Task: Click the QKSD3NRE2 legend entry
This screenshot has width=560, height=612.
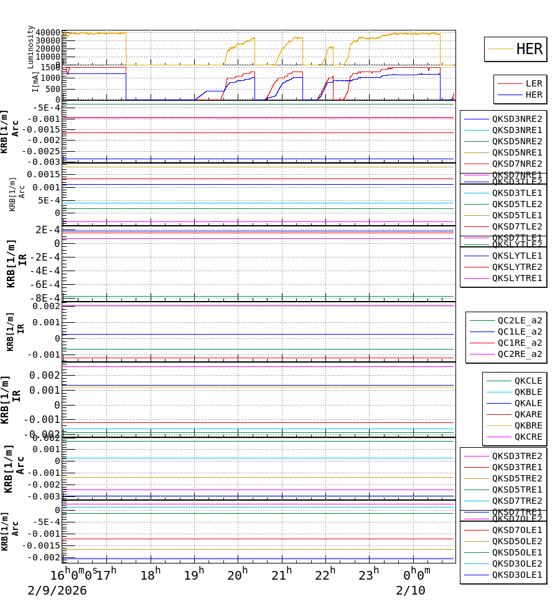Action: [516, 119]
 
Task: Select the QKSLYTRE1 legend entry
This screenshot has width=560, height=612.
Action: [516, 278]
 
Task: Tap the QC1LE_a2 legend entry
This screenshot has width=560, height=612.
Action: [520, 331]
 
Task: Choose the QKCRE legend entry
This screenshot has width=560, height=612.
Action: [528, 437]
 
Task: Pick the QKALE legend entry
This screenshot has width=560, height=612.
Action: [528, 403]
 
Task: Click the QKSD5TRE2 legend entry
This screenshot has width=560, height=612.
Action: [516, 478]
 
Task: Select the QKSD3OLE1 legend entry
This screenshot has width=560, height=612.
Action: [516, 575]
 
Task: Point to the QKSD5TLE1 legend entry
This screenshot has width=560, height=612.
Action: [516, 215]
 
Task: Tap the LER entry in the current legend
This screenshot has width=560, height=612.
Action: [533, 83]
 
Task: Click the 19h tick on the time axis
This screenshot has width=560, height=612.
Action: [194, 575]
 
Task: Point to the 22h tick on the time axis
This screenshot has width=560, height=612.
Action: [325, 575]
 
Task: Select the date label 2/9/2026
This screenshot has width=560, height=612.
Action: [57, 591]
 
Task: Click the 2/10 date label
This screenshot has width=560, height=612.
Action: [411, 591]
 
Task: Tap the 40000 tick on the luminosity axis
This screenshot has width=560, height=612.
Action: [48, 33]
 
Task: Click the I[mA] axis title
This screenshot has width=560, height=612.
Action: [36, 81]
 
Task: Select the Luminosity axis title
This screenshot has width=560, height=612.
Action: [30, 47]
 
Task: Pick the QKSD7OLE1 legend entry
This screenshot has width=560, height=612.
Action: [516, 530]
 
